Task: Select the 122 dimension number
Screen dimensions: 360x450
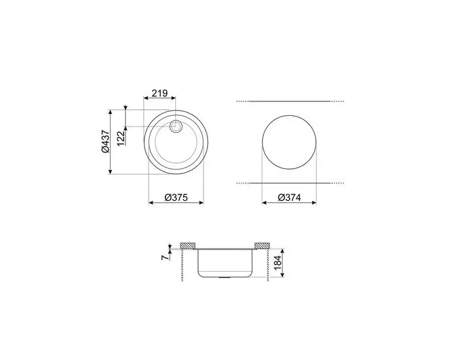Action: [120, 137]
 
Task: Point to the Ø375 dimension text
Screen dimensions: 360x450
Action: [176, 196]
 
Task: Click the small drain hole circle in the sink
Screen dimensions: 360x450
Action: [175, 126]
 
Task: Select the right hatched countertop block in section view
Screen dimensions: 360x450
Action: [262, 245]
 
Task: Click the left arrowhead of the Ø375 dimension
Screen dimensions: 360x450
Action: [152, 203]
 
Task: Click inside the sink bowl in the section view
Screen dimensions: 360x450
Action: [226, 262]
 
